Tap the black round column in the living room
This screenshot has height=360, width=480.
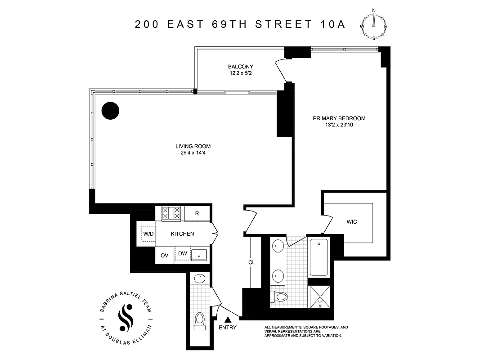tap(110, 111)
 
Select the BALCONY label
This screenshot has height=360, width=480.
tap(240, 67)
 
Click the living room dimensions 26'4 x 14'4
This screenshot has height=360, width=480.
tap(193, 153)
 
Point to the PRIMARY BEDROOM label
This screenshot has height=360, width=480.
tap(339, 118)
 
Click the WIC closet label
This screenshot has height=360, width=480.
tap(352, 222)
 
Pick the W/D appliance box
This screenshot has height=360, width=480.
tap(148, 234)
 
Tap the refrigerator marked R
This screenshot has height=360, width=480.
tap(197, 214)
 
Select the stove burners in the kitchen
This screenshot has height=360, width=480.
tap(171, 213)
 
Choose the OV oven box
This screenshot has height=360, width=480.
tap(165, 255)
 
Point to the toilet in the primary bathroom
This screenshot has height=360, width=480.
tap(280, 296)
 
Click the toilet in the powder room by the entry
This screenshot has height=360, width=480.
tap(200, 320)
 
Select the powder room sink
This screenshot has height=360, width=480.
tap(199, 279)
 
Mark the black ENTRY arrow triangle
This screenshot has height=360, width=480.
tap(228, 319)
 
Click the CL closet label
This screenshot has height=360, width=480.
tap(251, 262)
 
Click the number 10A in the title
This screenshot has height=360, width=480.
tap(333, 24)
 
